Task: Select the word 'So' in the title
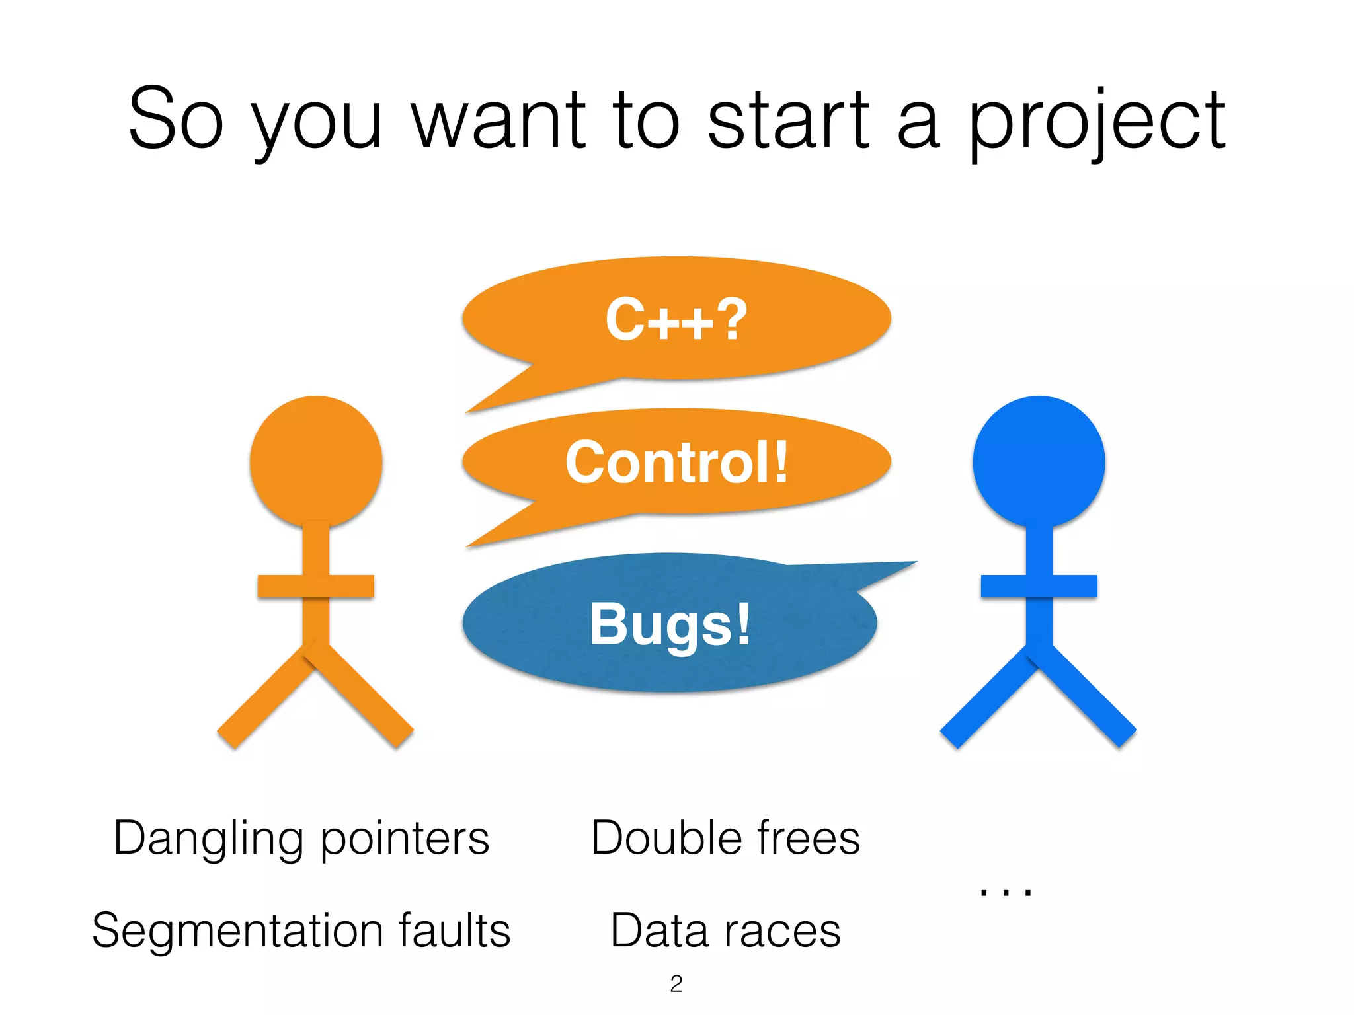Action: click(x=176, y=119)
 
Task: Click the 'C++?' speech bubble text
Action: click(x=676, y=320)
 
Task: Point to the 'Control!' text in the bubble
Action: click(x=676, y=463)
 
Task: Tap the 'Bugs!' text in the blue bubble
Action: click(x=670, y=624)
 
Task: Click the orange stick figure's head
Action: click(x=316, y=461)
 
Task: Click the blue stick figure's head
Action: click(x=1039, y=461)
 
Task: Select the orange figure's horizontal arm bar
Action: click(x=315, y=586)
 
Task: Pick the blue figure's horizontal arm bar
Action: click(x=1039, y=586)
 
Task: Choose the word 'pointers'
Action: click(x=405, y=839)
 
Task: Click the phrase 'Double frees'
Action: click(x=725, y=838)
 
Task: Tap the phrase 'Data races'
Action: click(x=725, y=930)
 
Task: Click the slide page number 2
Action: click(x=676, y=984)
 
